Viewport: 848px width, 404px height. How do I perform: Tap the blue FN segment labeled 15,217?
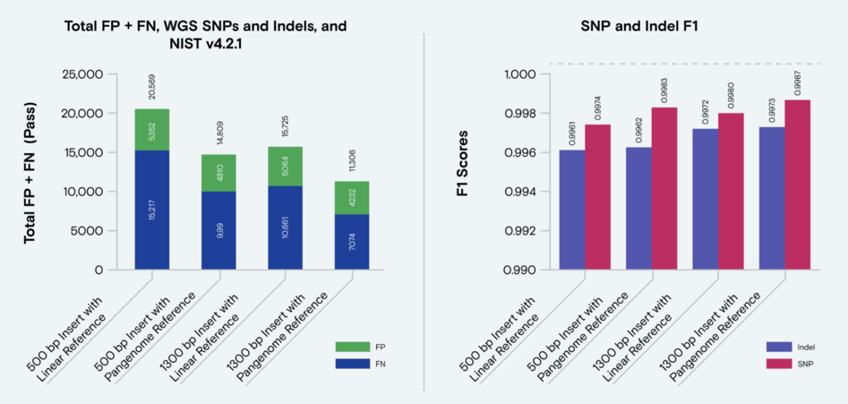152,210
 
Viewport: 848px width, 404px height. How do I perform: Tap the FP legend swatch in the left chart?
347,346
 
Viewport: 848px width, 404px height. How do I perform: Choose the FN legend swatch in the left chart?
347,364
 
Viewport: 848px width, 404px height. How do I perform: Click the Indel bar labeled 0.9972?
706,199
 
